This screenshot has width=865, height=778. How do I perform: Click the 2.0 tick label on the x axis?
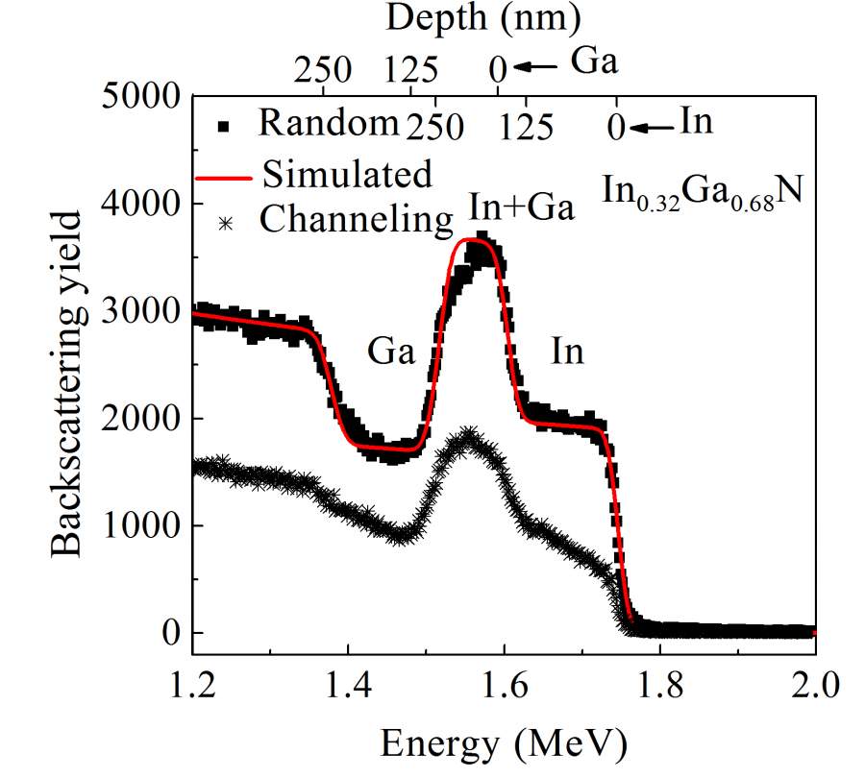pos(815,688)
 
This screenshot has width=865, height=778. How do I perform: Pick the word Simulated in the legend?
pos(347,175)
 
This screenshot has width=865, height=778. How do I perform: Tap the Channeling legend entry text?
pos(356,221)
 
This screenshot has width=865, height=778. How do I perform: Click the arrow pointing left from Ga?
pos(533,66)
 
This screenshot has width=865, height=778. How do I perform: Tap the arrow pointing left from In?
pos(654,125)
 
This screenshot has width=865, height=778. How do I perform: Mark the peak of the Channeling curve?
pos(469,435)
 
